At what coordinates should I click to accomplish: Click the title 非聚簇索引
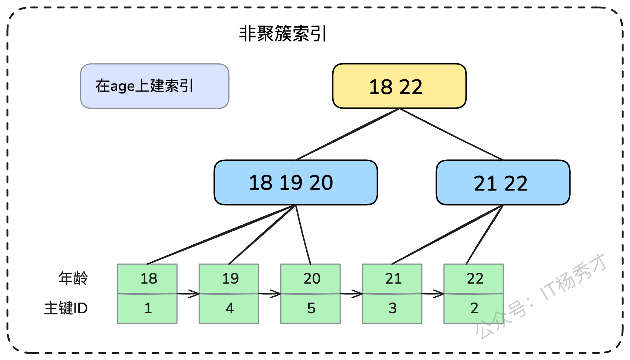[x=283, y=33]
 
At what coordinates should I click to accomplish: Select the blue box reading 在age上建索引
[x=155, y=86]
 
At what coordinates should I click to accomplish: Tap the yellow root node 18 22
[x=399, y=86]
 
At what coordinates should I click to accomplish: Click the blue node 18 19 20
[x=296, y=182]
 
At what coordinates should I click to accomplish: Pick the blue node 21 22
[x=503, y=182]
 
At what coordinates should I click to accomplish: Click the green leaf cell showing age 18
[x=147, y=279]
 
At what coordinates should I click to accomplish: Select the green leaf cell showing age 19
[x=229, y=279]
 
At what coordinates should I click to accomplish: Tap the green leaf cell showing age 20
[x=310, y=279]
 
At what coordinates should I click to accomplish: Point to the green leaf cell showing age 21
[x=392, y=279]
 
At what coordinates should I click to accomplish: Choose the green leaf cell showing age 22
[x=474, y=279]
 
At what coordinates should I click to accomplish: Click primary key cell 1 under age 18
[x=147, y=308]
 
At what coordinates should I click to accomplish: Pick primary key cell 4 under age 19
[x=229, y=308]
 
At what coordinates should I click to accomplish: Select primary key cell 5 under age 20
[x=310, y=308]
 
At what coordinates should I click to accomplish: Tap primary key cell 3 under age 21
[x=392, y=308]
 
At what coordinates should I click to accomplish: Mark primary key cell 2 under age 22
[x=474, y=308]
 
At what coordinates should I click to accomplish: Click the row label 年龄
[x=73, y=278]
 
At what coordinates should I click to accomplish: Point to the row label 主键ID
[x=66, y=308]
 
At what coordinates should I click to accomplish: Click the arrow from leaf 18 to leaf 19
[x=188, y=294]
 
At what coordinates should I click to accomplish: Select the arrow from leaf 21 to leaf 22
[x=433, y=294]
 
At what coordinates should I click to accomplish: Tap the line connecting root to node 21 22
[x=451, y=135]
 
